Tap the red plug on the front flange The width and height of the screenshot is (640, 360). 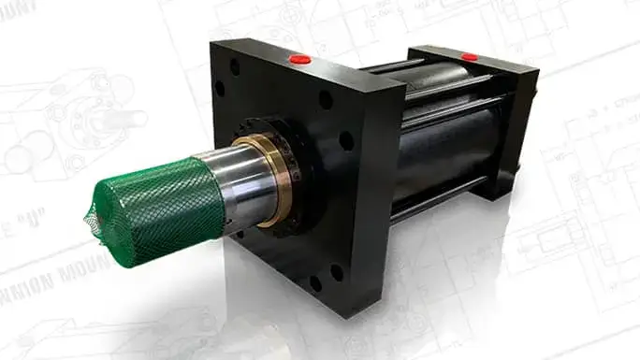click(300, 59)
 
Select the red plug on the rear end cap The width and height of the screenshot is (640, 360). click(470, 57)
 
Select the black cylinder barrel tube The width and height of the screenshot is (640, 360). click(440, 150)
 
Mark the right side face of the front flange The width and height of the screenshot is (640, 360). click(385, 187)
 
